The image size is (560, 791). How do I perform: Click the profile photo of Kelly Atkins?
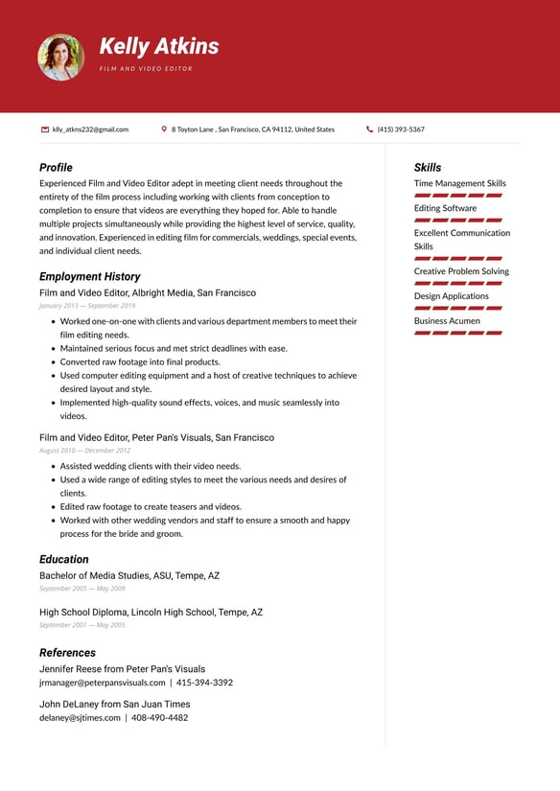(x=60, y=58)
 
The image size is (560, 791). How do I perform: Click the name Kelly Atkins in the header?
(x=159, y=46)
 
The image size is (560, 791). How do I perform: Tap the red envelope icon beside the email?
(x=45, y=129)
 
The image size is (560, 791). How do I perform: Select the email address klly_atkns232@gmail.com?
(x=90, y=129)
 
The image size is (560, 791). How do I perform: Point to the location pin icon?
(x=164, y=129)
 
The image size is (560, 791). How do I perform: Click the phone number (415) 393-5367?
(x=401, y=129)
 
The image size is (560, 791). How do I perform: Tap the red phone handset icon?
(x=370, y=129)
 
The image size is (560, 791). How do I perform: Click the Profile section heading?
(x=56, y=167)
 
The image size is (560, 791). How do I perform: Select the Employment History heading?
(x=89, y=276)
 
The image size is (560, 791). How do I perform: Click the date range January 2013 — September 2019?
(x=87, y=306)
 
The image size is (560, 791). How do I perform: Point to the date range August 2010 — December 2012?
(x=84, y=451)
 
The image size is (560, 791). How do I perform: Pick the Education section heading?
(x=63, y=559)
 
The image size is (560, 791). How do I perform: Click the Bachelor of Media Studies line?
(x=129, y=576)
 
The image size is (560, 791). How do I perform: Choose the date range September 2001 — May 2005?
(x=82, y=625)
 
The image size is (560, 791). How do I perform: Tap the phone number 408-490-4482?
(x=159, y=717)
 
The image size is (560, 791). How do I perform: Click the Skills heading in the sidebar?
(x=428, y=167)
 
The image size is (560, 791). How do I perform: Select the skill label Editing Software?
(x=445, y=208)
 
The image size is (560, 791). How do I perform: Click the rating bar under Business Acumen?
(x=458, y=333)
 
